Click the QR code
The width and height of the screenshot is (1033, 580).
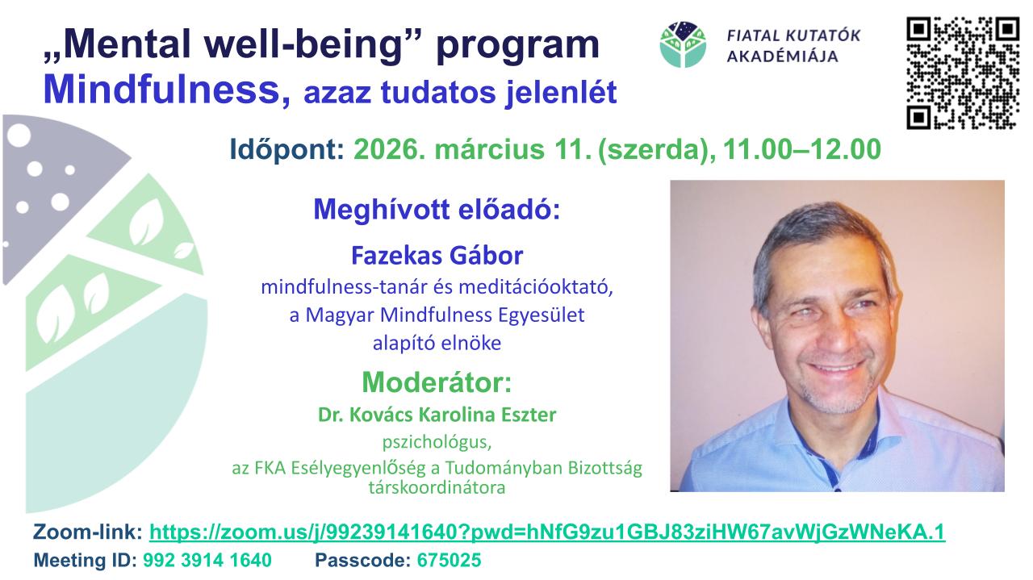(963, 73)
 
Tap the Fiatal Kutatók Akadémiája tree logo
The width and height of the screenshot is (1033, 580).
(683, 44)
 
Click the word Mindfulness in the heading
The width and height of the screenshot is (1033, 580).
(161, 90)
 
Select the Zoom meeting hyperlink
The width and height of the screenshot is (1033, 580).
(547, 532)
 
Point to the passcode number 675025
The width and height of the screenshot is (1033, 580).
(450, 560)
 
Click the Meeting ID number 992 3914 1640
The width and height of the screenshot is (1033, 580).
(207, 560)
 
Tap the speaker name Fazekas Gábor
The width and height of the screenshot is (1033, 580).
(437, 256)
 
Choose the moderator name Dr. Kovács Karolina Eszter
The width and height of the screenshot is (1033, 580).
(437, 415)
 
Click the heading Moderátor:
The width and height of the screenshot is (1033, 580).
(437, 382)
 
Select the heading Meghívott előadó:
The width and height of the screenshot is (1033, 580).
(437, 210)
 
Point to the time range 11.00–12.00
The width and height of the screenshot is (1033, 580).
(802, 149)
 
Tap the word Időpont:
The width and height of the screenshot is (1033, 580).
(286, 150)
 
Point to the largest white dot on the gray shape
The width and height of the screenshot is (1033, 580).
(19, 136)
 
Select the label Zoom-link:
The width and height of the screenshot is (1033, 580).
(88, 532)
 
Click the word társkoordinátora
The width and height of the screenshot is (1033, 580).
(437, 487)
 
